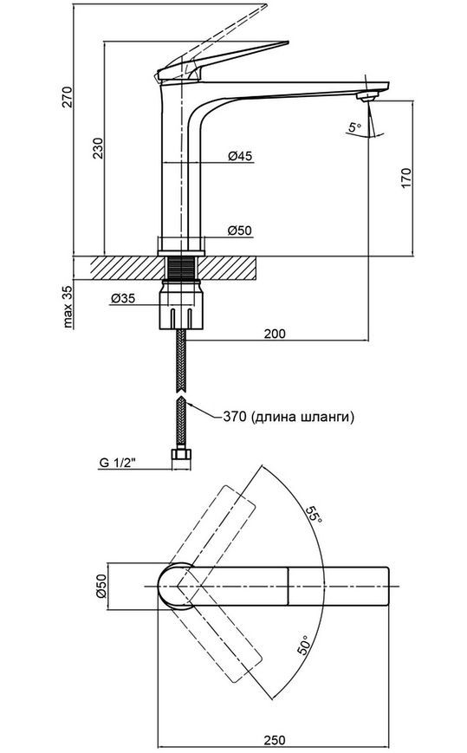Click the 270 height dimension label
click(68, 97)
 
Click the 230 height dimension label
click(99, 148)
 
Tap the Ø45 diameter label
click(240, 156)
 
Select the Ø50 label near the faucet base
click(240, 230)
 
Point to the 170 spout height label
click(406, 179)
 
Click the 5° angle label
click(355, 127)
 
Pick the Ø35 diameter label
click(123, 298)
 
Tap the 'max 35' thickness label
click(68, 307)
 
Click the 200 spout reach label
click(275, 334)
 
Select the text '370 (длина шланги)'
click(289, 417)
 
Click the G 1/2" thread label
click(118, 463)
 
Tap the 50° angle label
click(304, 644)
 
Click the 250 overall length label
click(274, 740)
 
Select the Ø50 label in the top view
click(101, 587)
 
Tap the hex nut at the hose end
click(181, 458)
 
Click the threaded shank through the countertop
click(181, 268)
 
